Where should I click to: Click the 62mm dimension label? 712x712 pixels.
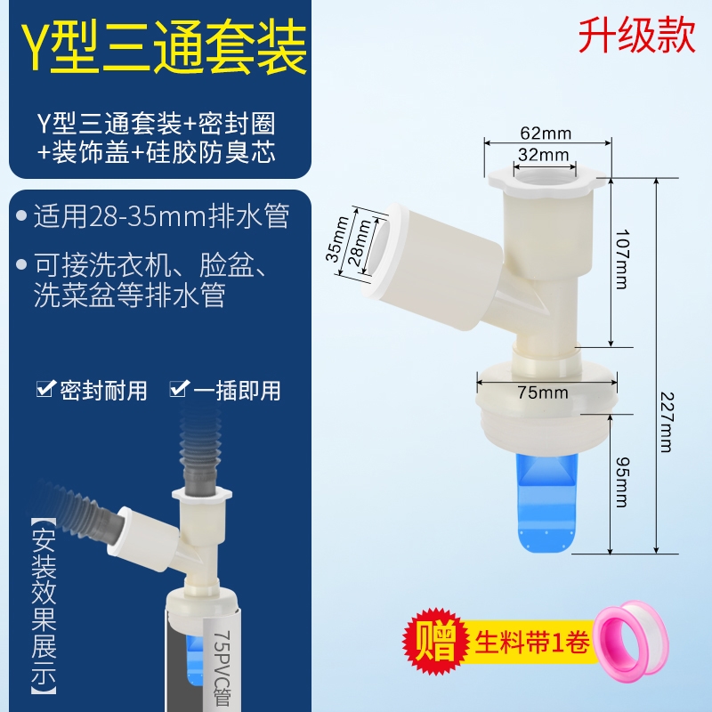coord(546,133)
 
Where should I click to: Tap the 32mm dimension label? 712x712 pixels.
coord(544,155)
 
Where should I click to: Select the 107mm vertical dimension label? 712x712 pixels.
coord(621,259)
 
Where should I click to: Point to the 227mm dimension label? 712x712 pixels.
coord(666,422)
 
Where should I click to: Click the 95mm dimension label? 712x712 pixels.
coord(621,482)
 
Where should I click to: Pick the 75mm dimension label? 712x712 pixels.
coord(543,392)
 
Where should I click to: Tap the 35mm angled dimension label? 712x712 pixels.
coord(337,239)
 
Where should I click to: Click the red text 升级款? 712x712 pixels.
coord(636,36)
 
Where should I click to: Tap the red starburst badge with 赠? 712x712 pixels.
coord(435,640)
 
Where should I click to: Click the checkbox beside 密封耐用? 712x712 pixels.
coord(46,389)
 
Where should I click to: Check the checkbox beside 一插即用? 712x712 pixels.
coord(179,389)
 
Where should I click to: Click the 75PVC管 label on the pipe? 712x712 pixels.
coord(222,667)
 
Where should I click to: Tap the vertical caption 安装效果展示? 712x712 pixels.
coord(44,608)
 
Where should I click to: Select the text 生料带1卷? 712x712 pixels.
coord(532,641)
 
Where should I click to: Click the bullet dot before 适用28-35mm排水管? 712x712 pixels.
coord(21,215)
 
